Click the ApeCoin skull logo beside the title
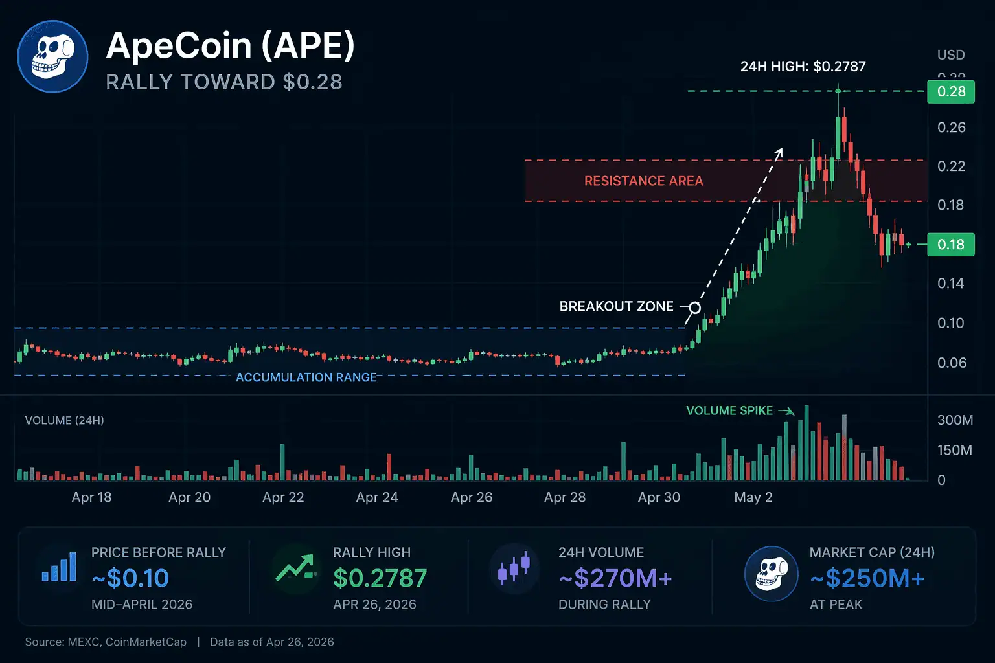coord(52,56)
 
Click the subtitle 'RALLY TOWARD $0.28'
coord(224,82)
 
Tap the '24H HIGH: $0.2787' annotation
coord(803,66)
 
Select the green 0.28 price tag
coord(950,91)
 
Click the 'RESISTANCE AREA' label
coord(643,181)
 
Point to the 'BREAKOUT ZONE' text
coord(616,306)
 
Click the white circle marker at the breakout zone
coord(694,308)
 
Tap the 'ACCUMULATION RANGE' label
coord(306,377)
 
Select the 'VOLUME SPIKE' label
coord(729,410)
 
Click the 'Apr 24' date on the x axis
coord(377,497)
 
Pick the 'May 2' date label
coord(753,497)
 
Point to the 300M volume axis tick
coord(955,420)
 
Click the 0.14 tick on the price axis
coord(950,283)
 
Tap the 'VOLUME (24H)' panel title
coord(64,420)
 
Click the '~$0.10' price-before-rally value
coord(130,578)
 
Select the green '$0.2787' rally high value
coord(380,578)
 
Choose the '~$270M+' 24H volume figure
coord(615,578)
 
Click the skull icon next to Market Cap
coord(771,574)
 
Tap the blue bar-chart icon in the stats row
coord(59,567)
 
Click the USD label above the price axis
coord(950,55)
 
